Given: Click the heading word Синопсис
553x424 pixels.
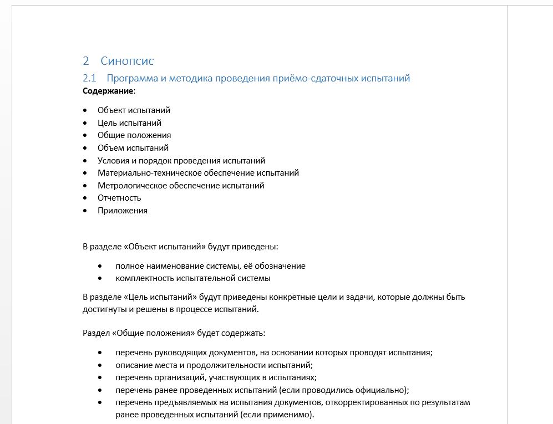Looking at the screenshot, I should (x=127, y=61).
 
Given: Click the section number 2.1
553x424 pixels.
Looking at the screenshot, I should (x=89, y=78).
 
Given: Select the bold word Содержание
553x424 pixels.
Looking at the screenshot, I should (x=108, y=90).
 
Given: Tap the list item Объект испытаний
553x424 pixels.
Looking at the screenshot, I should (x=134, y=110).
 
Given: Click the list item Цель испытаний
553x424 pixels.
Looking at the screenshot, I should (x=129, y=123).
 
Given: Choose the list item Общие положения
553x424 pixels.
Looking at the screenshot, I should (x=134, y=135).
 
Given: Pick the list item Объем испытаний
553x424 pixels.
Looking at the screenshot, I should (x=133, y=148).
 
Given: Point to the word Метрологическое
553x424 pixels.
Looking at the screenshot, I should (x=131, y=186).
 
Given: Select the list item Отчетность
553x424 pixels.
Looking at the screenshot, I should (x=119, y=198).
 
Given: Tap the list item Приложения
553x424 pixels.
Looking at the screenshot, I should (x=123, y=211).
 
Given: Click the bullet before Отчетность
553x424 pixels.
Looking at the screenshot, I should (x=85, y=198).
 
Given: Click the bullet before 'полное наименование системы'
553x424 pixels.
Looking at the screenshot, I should (x=100, y=266).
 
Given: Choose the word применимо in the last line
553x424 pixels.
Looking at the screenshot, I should (x=292, y=415).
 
